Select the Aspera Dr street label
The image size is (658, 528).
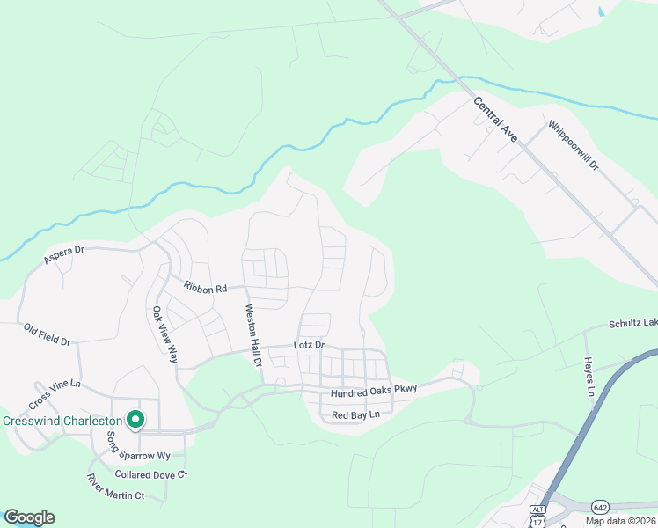pos(63,255)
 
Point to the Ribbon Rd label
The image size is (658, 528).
pos(206,287)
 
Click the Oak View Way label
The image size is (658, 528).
pos(164,335)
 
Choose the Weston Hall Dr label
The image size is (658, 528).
pos(252,336)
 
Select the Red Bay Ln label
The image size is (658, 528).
pos(355,414)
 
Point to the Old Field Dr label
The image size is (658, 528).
pos(47,334)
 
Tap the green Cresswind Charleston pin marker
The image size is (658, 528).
pos(135,421)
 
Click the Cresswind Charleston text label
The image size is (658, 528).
pos(61,421)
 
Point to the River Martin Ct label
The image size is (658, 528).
pos(114,487)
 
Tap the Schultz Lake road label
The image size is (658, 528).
pos(632,324)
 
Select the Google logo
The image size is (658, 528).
pos(29,517)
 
